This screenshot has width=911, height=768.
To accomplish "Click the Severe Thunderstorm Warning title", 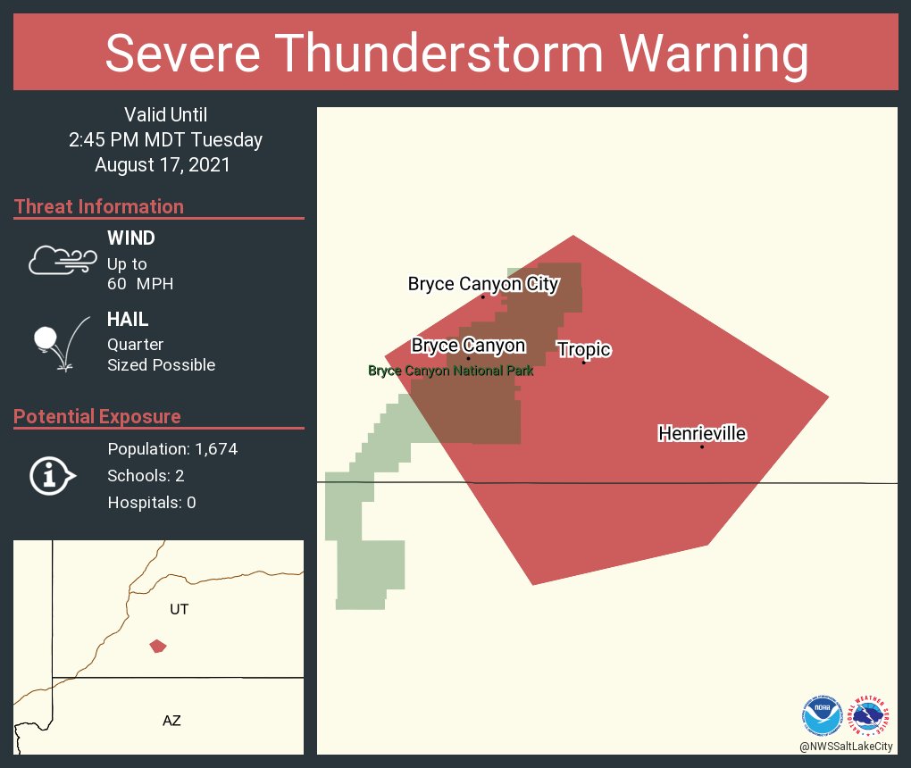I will [456, 54].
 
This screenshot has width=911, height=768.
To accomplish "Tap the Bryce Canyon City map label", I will [483, 284].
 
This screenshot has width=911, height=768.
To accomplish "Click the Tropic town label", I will [584, 349].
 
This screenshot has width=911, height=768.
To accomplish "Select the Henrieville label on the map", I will [702, 433].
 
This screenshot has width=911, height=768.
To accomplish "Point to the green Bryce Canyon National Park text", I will [451, 371].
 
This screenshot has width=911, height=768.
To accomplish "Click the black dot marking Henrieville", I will [702, 447].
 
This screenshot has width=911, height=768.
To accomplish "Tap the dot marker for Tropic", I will [584, 362].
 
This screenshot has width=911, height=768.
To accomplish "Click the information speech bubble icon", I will [52, 475].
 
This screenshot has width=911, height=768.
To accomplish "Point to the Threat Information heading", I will [99, 206].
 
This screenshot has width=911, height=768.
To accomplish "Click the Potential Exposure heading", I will [97, 416].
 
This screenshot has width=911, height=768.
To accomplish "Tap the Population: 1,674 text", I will [172, 448].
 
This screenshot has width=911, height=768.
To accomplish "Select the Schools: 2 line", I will [146, 475].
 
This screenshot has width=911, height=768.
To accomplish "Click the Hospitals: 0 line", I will [152, 502].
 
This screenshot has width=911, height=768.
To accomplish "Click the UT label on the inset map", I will [180, 609].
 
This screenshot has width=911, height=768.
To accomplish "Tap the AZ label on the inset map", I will [171, 720].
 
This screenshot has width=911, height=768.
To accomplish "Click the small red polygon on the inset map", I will [158, 646].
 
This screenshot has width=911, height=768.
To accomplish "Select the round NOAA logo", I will [822, 715].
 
